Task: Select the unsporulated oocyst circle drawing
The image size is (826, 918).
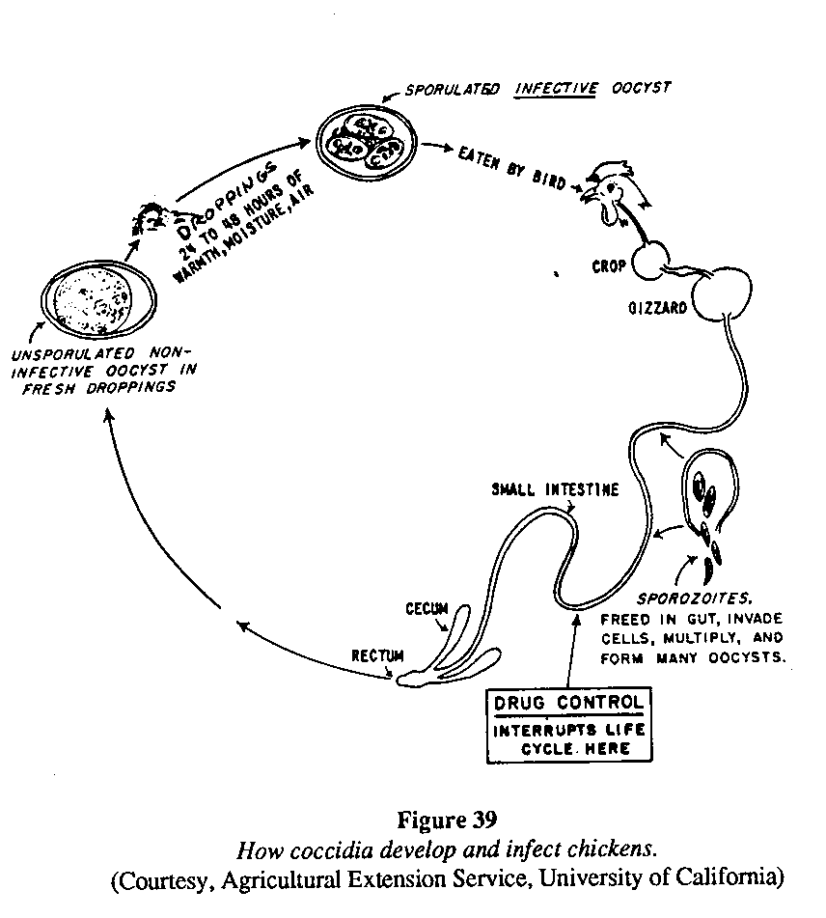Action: coord(94,297)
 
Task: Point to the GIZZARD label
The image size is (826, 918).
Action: coord(657,310)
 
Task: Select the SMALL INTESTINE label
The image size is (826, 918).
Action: coord(554,489)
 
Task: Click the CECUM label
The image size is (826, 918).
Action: coord(427,609)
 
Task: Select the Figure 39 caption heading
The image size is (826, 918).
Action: coord(447,821)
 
